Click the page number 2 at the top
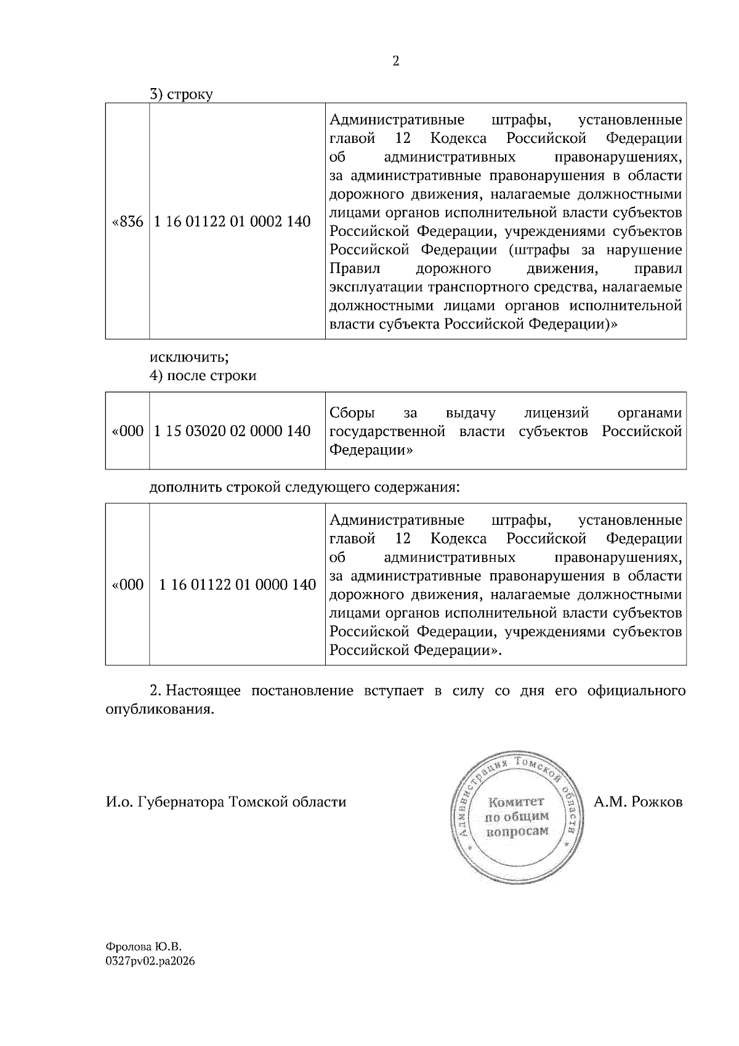tap(395, 61)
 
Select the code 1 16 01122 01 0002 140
tap(232, 222)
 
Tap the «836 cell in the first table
tap(127, 222)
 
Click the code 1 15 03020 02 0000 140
tap(232, 431)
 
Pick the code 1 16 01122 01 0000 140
tap(237, 585)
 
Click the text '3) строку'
tap(181, 95)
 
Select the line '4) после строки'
tap(203, 376)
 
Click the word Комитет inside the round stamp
tap(516, 802)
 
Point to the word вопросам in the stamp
tap(516, 831)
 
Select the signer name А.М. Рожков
tap(638, 802)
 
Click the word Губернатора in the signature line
tap(182, 802)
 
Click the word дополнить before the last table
tap(185, 487)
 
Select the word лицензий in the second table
tap(556, 413)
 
